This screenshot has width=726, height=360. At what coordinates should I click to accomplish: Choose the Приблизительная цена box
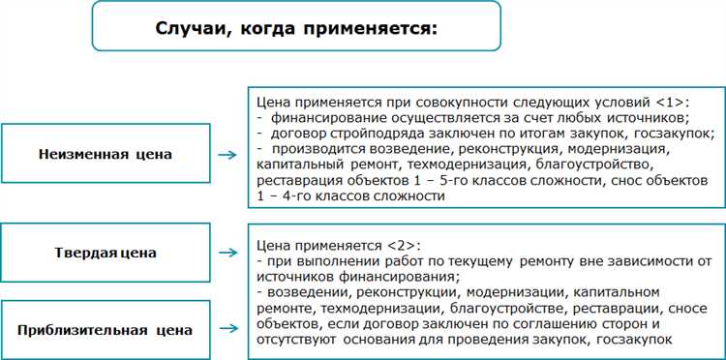pyautogui.click(x=105, y=330)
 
